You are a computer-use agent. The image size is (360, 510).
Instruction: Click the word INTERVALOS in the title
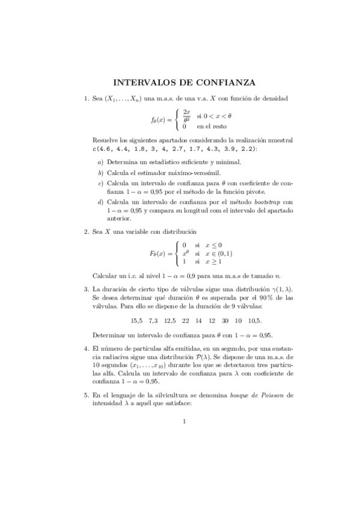tap(142, 82)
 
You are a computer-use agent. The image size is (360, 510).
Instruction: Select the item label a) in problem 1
tap(100, 162)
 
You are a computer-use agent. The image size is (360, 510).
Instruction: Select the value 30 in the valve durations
tap(224, 321)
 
